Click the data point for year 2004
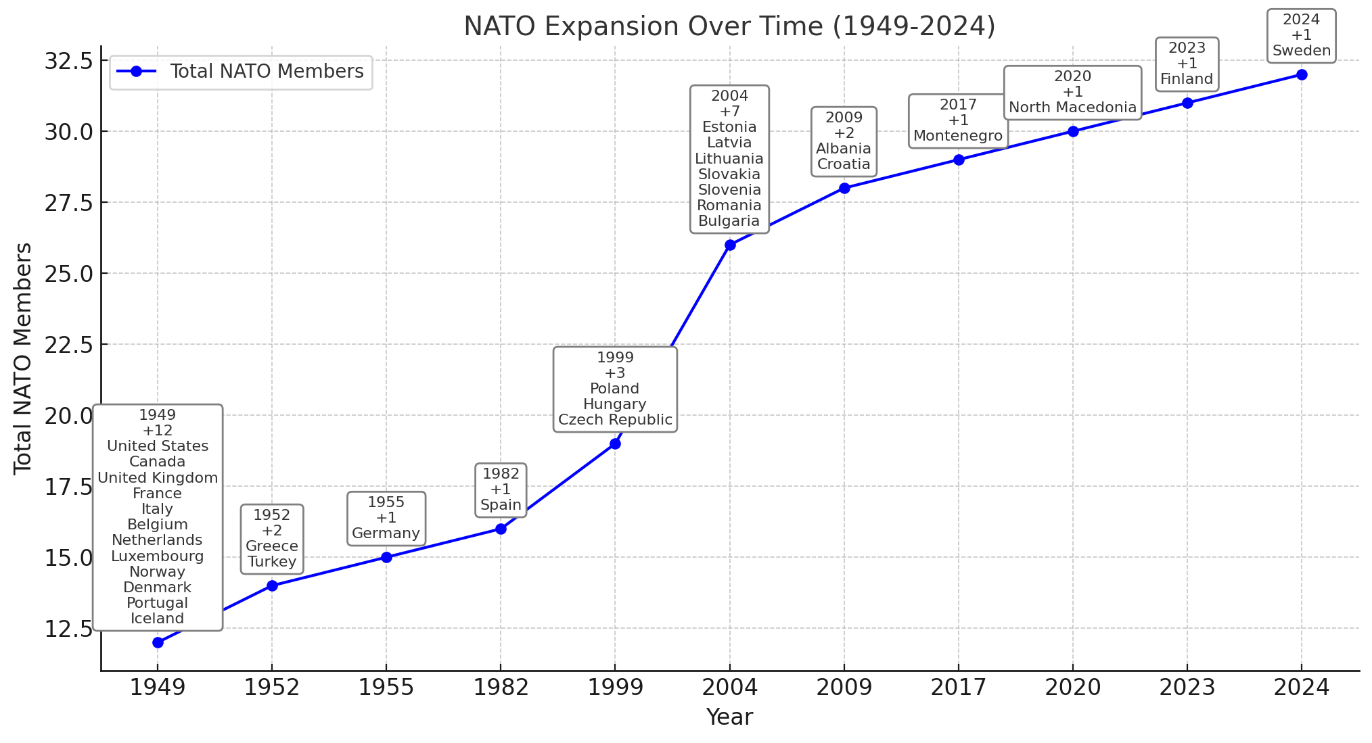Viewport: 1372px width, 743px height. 729,245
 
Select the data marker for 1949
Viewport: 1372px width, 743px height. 158,642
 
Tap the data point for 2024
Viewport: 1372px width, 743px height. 1301,74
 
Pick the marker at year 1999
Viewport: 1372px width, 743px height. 615,444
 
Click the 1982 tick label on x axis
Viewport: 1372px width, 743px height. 501,688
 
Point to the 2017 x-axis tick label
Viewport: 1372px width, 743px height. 958,688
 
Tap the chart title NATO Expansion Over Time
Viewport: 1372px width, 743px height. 729,26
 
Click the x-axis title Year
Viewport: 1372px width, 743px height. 729,717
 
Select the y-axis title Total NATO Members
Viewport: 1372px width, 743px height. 23,358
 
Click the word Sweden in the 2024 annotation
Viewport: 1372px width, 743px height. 1301,51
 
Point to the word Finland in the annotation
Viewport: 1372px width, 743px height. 1187,79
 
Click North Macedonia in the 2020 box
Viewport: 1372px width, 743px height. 1072,107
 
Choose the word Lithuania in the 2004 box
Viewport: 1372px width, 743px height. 729,159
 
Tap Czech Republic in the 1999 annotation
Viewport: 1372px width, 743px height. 615,420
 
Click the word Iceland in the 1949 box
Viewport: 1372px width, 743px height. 158,619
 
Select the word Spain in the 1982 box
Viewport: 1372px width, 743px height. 501,505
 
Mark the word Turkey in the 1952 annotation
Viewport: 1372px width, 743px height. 272,562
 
